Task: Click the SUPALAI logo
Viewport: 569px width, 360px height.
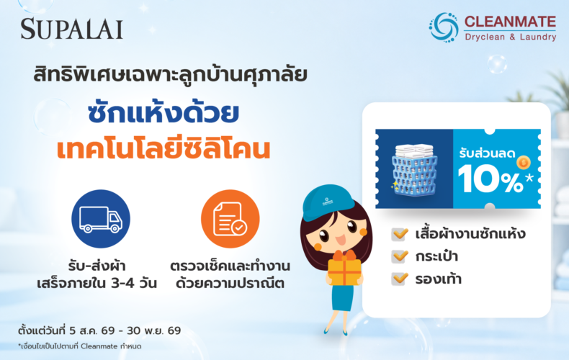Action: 71,29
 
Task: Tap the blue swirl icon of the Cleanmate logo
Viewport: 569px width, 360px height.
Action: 444,27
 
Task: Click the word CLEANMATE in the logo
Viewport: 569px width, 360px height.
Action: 510,22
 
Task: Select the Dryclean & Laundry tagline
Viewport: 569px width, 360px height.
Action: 511,37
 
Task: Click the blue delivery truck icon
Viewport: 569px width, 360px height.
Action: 101,219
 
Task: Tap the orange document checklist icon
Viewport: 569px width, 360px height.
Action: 230,219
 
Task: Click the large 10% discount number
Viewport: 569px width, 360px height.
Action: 490,178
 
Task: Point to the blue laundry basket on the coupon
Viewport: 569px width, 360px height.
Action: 414,171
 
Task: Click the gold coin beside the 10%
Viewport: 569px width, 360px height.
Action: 524,162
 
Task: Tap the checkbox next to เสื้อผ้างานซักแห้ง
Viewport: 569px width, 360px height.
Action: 400,234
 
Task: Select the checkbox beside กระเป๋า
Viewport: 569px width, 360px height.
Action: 400,256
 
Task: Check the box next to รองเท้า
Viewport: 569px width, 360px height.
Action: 400,279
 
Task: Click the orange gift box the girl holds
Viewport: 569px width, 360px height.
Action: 344,269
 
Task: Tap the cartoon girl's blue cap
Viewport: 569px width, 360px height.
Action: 327,202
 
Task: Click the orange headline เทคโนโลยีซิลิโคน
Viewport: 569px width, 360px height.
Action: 163,149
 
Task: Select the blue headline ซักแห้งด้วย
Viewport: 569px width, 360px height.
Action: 163,113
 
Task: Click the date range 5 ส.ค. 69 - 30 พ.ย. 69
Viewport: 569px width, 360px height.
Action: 125,330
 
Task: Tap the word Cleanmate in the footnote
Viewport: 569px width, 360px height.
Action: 99,346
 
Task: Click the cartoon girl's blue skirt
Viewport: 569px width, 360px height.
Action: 343,297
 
